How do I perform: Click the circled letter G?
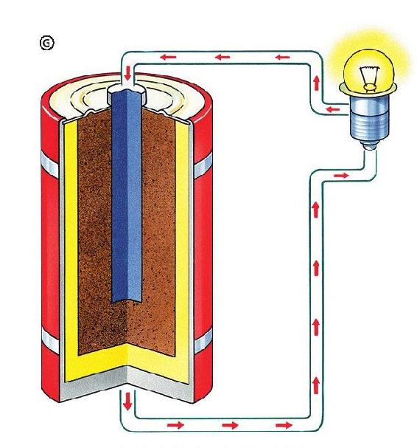(46, 43)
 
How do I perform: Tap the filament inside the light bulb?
(369, 77)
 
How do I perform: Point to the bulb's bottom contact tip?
(370, 145)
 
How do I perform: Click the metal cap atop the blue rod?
(127, 94)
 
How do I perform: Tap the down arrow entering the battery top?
(127, 73)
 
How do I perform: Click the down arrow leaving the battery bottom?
(127, 402)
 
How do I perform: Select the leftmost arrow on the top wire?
(168, 57)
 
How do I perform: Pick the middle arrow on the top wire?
(222, 57)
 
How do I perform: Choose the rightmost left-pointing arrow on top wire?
(282, 57)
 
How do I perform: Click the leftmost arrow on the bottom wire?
(175, 425)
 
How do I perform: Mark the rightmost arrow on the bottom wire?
(284, 425)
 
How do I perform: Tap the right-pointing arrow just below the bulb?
(341, 175)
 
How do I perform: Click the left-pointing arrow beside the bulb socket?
(332, 109)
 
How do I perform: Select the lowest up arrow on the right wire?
(316, 385)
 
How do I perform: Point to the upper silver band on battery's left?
(50, 165)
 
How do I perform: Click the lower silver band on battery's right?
(203, 340)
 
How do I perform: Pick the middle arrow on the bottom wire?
(230, 425)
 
